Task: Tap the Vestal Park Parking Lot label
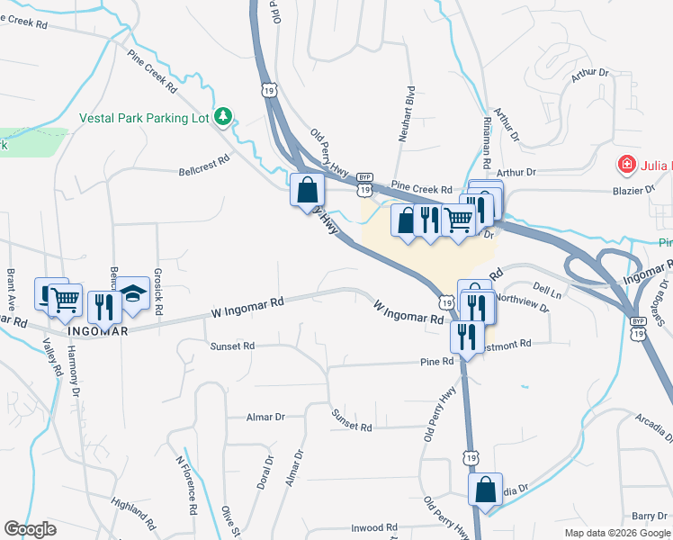(x=144, y=117)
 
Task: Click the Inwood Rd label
(x=373, y=527)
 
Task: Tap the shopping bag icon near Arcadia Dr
(x=486, y=490)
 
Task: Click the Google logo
(x=30, y=529)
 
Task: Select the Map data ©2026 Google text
(x=616, y=533)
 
